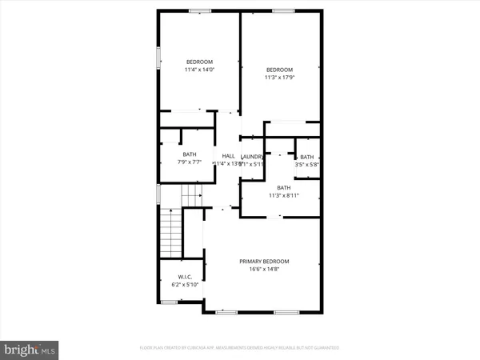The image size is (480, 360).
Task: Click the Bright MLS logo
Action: (30, 349)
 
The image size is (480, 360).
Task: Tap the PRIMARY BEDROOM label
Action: (265, 262)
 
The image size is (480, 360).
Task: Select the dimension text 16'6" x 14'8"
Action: (265, 270)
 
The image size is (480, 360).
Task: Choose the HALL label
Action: (228, 156)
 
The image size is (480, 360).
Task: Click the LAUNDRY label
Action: (252, 156)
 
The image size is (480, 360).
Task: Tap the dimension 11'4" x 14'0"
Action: (199, 70)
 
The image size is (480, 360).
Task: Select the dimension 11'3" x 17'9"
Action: (280, 77)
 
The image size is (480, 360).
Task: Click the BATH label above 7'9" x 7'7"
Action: (189, 154)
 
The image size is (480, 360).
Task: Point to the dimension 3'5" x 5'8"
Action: (306, 164)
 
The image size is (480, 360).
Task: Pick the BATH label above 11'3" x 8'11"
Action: (284, 187)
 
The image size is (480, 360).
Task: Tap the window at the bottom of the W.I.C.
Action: (169, 302)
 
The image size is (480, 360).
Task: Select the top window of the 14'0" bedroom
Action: (199, 11)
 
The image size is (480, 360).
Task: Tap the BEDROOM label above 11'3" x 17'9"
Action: (280, 69)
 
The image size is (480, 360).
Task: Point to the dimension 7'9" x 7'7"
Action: (189, 162)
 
